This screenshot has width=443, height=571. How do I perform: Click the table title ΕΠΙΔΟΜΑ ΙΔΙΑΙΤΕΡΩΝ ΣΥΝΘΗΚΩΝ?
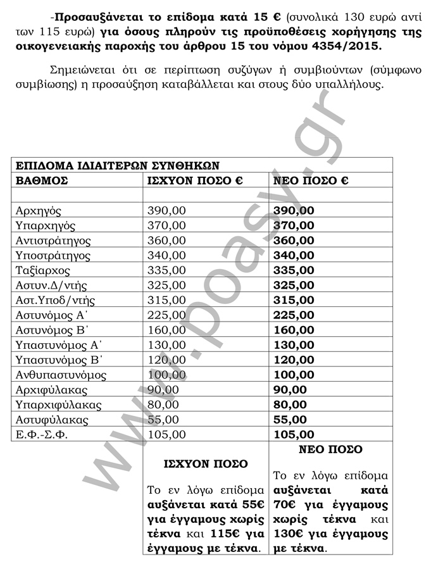pyautogui.click(x=118, y=166)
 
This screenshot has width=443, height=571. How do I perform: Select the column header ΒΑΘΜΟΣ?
pyautogui.click(x=42, y=181)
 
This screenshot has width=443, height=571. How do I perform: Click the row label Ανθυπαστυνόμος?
pyautogui.click(x=61, y=375)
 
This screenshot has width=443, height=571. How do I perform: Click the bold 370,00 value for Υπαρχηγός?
pyautogui.click(x=293, y=226)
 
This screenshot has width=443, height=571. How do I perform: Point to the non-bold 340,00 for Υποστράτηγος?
pyautogui.click(x=166, y=256)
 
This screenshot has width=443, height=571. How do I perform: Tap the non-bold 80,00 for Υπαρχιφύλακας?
pyautogui.click(x=163, y=405)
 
